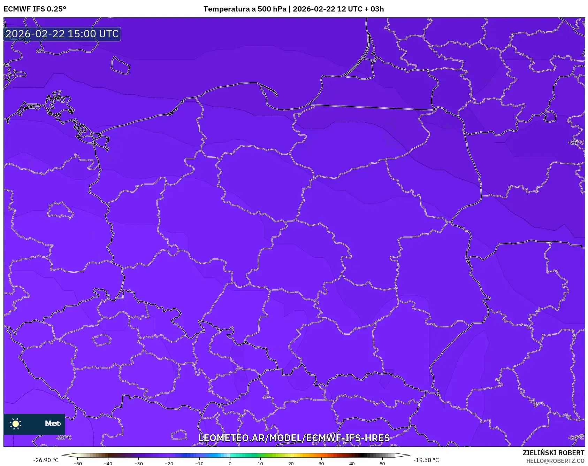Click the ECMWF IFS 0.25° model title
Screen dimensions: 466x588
[35, 9]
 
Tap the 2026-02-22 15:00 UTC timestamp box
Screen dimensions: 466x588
[62, 34]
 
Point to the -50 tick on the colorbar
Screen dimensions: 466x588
[78, 463]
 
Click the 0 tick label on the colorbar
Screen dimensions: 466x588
[230, 463]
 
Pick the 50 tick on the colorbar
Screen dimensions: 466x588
[382, 463]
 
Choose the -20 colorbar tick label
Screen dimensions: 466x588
[169, 463]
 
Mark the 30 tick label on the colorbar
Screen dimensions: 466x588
[321, 463]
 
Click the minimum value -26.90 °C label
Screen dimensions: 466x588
[46, 460]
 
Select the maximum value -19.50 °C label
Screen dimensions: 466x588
[426, 460]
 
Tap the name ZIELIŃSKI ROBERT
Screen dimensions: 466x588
[553, 453]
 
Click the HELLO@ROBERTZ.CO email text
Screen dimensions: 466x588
[555, 461]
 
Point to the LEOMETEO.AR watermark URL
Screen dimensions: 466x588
[294, 438]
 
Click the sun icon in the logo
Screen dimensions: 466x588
[16, 424]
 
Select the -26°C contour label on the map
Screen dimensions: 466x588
[576, 142]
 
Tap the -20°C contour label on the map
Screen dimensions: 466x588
[64, 437]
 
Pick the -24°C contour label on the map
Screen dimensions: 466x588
[576, 437]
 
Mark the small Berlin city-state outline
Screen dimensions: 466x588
[60, 210]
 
